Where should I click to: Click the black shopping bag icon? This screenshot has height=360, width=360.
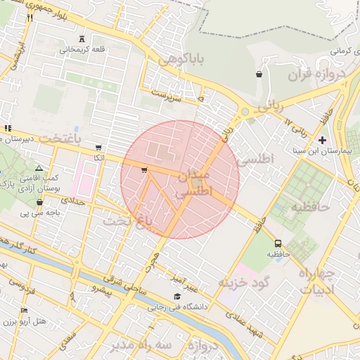(259, 73)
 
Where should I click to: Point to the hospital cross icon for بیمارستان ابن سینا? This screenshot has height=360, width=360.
(323, 141)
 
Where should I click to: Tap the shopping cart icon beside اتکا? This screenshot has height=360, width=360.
(98, 148)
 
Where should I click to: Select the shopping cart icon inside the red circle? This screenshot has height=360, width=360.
(144, 169)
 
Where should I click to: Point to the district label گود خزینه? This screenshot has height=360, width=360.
(244, 283)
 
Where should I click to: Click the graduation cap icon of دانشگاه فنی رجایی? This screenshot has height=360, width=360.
(176, 296)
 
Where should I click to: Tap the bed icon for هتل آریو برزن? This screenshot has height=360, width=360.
(25, 310)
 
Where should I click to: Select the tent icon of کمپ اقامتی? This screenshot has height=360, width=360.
(39, 169)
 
